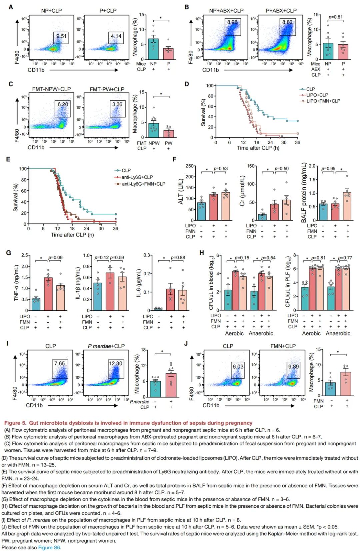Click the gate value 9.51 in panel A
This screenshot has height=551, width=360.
tap(61, 36)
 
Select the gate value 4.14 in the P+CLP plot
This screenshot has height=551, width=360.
tap(116, 36)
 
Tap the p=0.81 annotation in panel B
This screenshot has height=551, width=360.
tap(335, 17)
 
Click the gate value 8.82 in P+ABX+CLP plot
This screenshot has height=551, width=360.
tap(287, 22)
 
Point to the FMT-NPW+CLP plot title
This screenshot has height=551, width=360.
tap(51, 89)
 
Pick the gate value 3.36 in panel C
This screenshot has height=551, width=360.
tap(117, 104)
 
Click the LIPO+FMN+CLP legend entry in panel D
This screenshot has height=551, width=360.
tap(323, 101)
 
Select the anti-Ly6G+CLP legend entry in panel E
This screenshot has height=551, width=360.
tap(137, 177)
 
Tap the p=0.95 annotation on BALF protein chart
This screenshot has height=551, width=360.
tap(328, 169)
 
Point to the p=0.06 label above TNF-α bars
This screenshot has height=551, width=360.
tap(55, 258)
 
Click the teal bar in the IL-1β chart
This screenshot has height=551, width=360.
tap(98, 297)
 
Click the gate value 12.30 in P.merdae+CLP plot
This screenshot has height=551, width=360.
tap(116, 363)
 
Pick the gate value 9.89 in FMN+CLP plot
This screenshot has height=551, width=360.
tap(293, 366)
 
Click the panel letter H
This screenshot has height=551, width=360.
tap(201, 253)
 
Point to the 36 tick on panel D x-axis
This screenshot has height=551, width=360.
tap(297, 142)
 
